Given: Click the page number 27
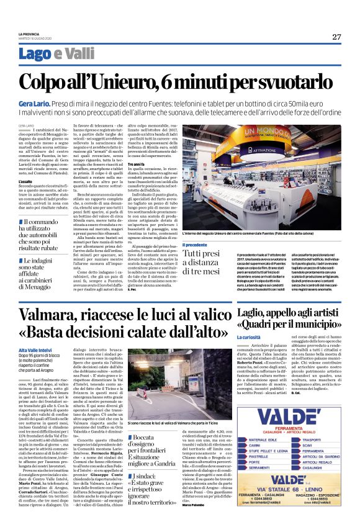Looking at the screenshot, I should pyautogui.click(x=336, y=37).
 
